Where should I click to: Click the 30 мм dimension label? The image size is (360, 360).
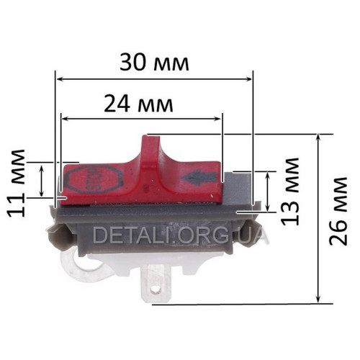point(154,63)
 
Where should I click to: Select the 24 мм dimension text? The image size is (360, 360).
point(138,104)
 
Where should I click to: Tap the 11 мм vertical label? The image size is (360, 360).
point(17,184)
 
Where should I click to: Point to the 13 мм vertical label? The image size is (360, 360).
point(290,192)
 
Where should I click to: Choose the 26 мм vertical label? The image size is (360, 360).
point(338,212)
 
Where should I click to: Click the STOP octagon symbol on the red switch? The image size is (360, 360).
point(94,179)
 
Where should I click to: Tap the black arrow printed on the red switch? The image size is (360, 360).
point(200,178)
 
